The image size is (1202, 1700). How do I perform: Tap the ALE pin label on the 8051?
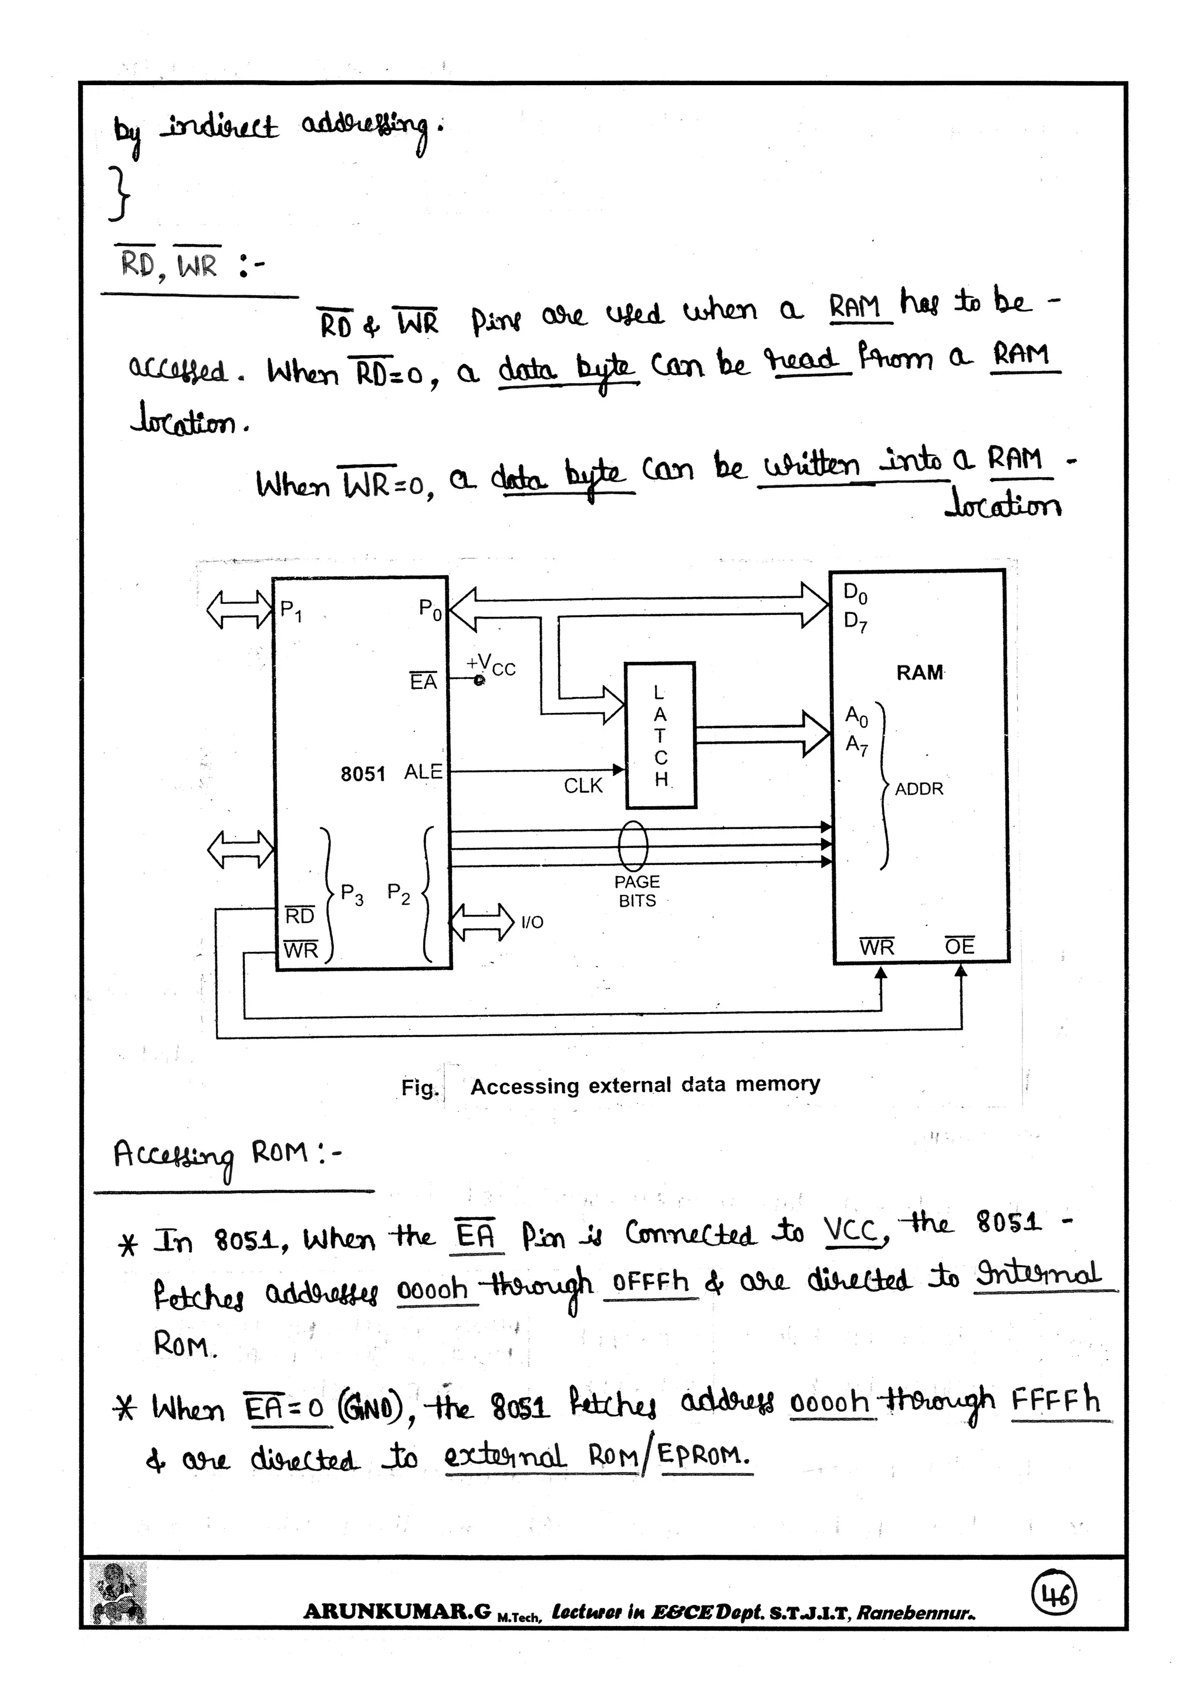(423, 772)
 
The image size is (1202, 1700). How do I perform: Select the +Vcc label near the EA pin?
(491, 664)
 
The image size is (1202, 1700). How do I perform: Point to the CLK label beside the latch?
(583, 786)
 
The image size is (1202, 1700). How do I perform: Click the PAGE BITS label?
(637, 891)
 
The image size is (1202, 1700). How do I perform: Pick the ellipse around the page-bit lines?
(633, 846)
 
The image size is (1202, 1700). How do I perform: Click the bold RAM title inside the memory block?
(919, 672)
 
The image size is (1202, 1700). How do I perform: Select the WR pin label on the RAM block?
(877, 947)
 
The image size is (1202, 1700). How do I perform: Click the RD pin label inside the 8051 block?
(299, 916)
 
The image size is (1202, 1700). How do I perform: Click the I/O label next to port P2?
(532, 922)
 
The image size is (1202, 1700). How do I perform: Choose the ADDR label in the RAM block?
(919, 789)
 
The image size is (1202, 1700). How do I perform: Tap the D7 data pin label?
(855, 621)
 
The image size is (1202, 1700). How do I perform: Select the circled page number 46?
(1055, 1596)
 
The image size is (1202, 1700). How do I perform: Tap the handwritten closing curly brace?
(119, 194)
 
